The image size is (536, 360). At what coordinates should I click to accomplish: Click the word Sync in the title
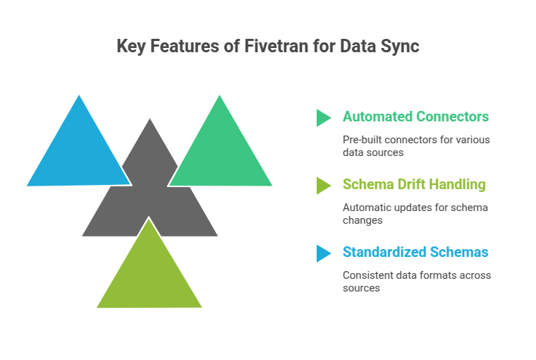tap(400, 47)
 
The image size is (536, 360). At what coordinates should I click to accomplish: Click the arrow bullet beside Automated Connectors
tap(323, 117)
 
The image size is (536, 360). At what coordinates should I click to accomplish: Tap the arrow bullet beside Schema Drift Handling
tap(323, 185)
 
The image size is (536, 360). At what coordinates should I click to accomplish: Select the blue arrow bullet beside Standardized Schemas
tap(323, 253)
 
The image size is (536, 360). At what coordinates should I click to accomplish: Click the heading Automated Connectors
tap(415, 116)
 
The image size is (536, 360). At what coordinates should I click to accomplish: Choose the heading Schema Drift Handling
tap(413, 184)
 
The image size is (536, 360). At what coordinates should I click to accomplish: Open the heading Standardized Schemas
tap(415, 252)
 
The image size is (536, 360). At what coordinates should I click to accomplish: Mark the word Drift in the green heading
tap(408, 184)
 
